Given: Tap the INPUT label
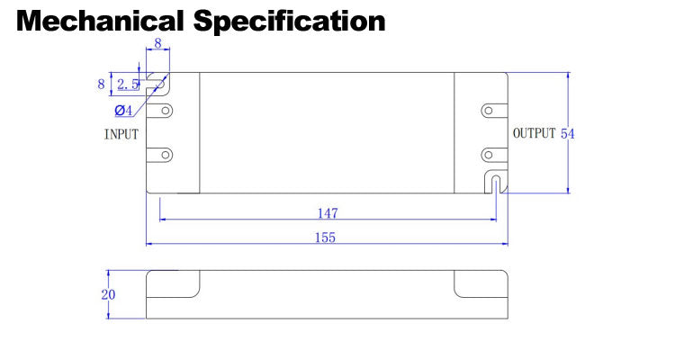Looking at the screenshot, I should click(x=121, y=134).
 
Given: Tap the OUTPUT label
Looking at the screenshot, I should click(x=534, y=133).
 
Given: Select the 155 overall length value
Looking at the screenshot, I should click(x=325, y=238).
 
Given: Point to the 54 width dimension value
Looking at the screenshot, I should click(x=568, y=133).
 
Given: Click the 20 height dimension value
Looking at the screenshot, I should click(x=108, y=293).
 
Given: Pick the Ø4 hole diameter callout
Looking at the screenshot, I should click(x=123, y=110).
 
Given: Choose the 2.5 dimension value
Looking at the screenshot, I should click(x=127, y=85).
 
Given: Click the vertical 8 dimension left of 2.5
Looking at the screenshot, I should click(x=102, y=84).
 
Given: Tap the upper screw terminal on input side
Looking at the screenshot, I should click(x=165, y=111).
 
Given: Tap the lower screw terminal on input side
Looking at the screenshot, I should click(x=165, y=154).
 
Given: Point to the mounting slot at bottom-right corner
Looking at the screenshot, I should click(x=496, y=183).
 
